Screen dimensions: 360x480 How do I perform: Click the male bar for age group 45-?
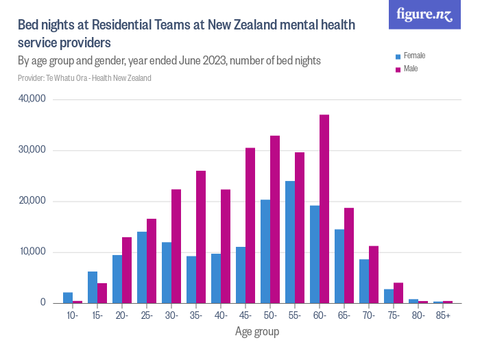[x=250, y=226]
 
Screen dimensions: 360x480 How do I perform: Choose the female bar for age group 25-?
[x=142, y=267]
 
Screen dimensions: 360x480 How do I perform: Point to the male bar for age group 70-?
[x=374, y=274]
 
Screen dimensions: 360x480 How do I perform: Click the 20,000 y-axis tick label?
[x=32, y=201]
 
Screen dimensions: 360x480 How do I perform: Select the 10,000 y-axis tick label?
[x=32, y=252]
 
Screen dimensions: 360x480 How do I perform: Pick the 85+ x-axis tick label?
[x=443, y=316]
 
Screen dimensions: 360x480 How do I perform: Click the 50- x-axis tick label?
[x=270, y=316]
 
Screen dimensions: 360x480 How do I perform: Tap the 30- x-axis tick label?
[x=171, y=316]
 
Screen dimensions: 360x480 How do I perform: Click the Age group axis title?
[x=257, y=332]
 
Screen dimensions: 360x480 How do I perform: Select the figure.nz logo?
[x=424, y=14]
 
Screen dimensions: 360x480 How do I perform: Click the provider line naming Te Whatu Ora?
[x=84, y=77]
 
